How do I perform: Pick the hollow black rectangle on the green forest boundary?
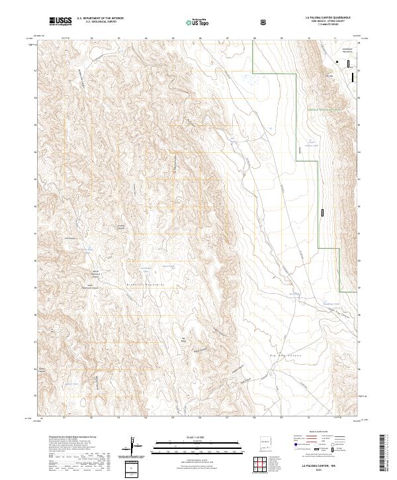322,213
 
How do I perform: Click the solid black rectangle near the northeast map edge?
353,77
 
